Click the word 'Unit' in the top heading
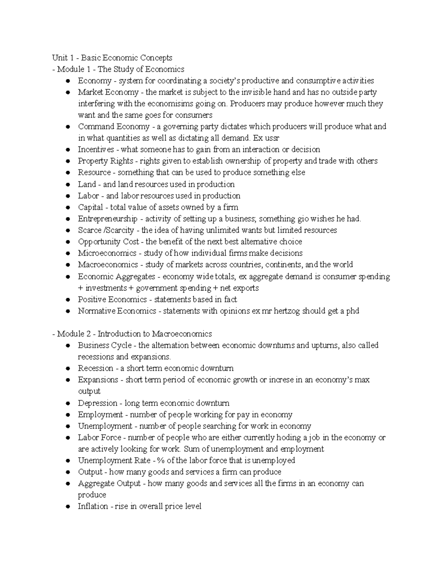59,58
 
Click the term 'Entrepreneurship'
107,218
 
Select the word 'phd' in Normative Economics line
352,311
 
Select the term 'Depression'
97,403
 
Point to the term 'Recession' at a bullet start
96,368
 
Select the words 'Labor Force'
100,438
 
